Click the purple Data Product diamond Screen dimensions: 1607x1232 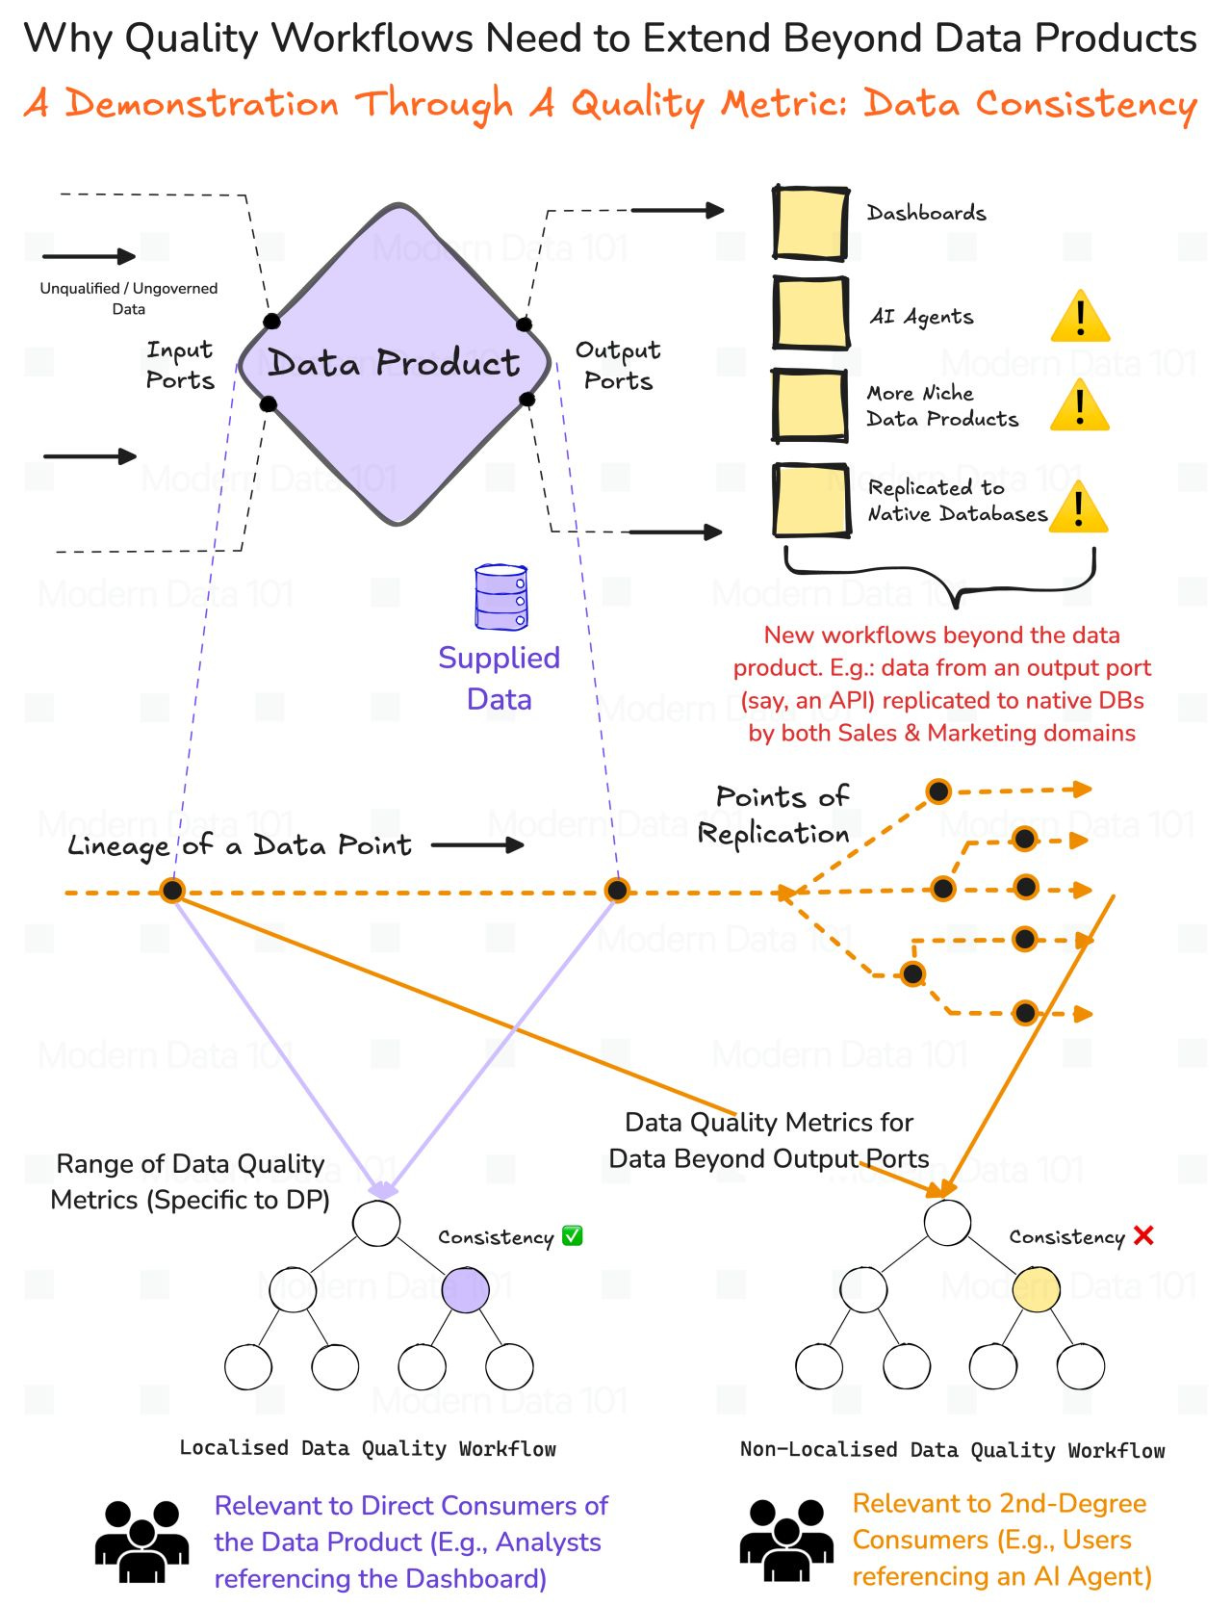[x=395, y=364]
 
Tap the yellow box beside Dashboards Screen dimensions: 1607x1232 [x=809, y=223]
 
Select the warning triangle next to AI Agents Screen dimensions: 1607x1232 [x=1080, y=317]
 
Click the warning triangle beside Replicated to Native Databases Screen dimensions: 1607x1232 [x=1078, y=507]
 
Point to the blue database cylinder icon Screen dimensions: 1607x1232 [x=501, y=598]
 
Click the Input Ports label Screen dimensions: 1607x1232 [x=180, y=365]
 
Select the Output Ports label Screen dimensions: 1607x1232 [x=618, y=365]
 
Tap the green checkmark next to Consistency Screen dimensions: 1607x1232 [x=572, y=1235]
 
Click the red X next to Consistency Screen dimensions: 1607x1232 [x=1143, y=1235]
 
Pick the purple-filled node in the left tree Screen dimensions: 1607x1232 [x=465, y=1290]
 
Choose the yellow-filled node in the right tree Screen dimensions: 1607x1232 [x=1037, y=1290]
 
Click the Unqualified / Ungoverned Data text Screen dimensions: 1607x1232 [x=128, y=298]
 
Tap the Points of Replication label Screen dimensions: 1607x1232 [x=775, y=815]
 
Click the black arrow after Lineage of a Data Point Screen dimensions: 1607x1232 [x=477, y=845]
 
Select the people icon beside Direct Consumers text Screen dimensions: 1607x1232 [x=141, y=1542]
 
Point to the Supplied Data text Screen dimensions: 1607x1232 [x=499, y=678]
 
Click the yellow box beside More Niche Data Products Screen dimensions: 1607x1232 [x=809, y=405]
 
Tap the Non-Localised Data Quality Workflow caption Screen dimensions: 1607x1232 [x=952, y=1449]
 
